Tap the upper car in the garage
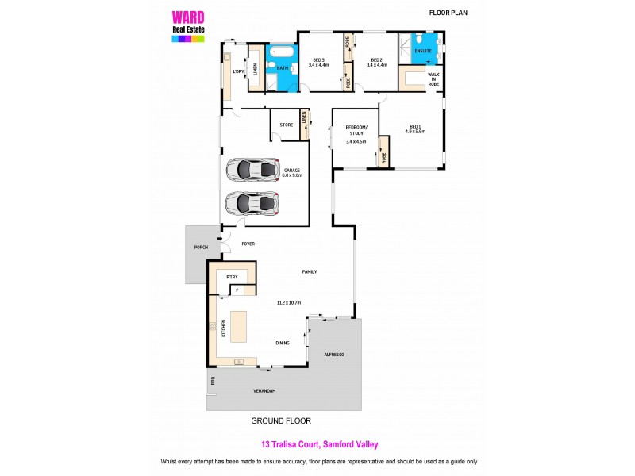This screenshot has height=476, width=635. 253,170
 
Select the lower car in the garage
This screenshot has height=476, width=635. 253,204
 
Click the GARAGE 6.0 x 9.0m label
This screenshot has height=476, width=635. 293,172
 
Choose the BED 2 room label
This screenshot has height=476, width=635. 376,63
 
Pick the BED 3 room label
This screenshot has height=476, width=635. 319,63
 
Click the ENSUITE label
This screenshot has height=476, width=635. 423,51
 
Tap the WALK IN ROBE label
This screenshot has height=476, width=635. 433,79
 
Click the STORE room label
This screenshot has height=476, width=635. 287,125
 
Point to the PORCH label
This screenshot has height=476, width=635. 200,248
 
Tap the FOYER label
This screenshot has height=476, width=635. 248,244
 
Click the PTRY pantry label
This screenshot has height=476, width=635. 233,276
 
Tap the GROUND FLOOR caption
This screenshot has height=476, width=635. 281,420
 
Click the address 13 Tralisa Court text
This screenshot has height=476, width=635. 317,445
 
